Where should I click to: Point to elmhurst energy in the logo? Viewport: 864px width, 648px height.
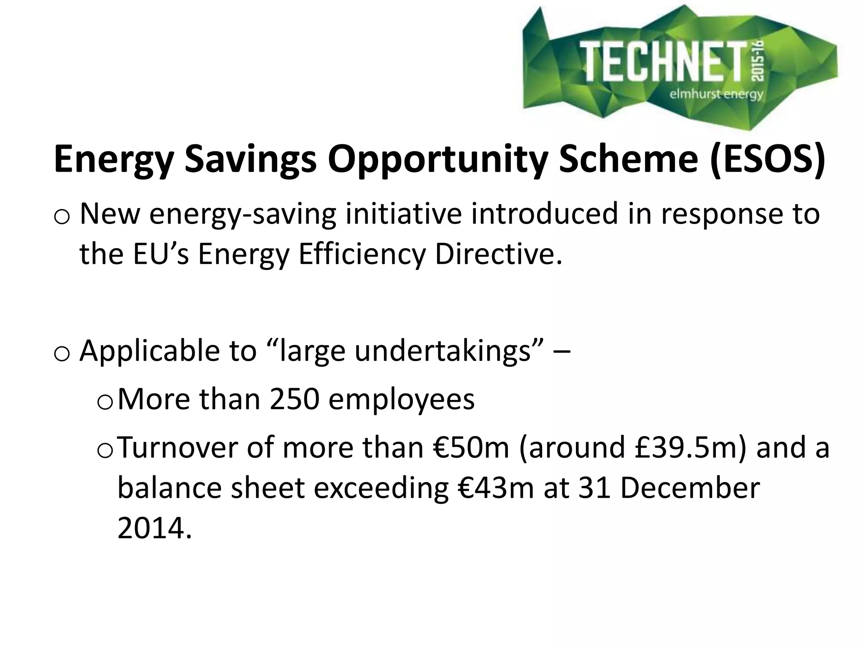(716, 94)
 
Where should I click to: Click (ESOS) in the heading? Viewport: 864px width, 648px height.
(767, 159)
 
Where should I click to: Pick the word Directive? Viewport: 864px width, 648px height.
(498, 255)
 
